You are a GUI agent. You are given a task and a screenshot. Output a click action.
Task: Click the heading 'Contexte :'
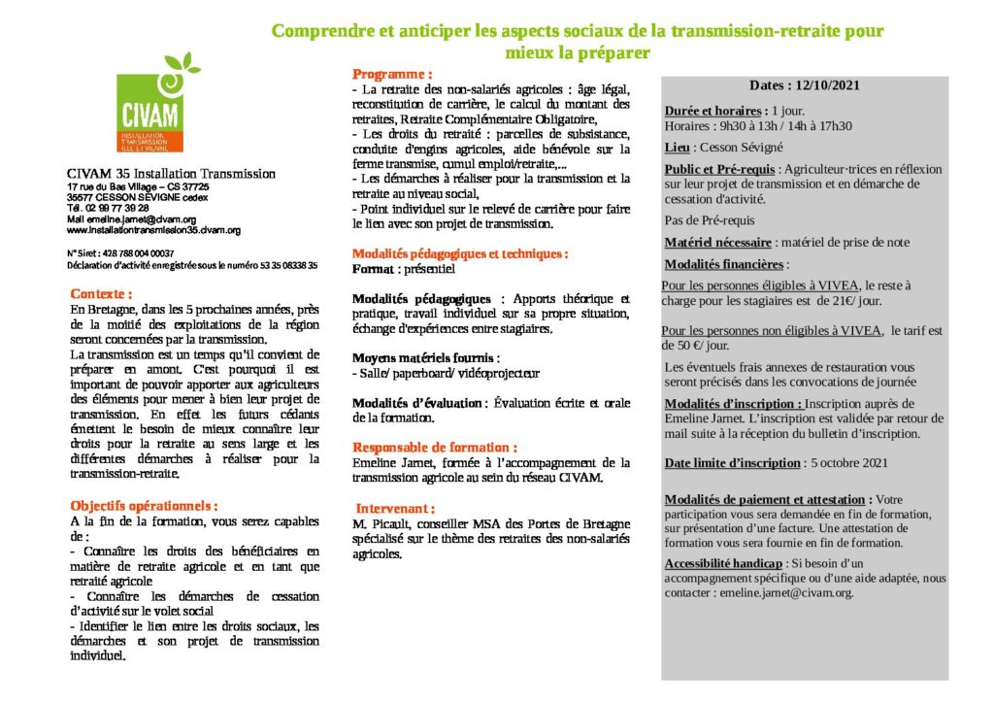(x=101, y=293)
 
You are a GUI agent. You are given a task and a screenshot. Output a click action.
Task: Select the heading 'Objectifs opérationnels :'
(x=144, y=506)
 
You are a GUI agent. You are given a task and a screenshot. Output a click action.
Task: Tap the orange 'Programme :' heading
(x=392, y=74)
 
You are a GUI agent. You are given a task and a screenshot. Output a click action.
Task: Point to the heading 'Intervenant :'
(x=395, y=508)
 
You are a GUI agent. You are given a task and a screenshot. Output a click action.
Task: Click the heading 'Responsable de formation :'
(x=434, y=447)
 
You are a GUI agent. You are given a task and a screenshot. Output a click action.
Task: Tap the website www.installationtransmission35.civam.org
(x=153, y=231)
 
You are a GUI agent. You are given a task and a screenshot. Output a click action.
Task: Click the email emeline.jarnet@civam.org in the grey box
(x=786, y=592)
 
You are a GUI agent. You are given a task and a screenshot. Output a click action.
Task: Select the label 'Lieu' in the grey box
(x=678, y=148)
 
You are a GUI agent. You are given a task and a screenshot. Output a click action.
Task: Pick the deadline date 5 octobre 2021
(x=847, y=462)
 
